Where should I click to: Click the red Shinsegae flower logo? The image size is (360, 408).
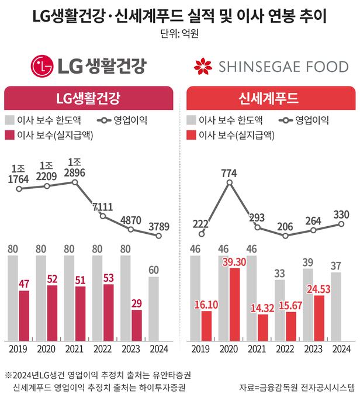[202, 66]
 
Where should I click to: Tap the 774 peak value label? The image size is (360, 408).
[229, 172]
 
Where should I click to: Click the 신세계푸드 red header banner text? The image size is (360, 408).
[271, 98]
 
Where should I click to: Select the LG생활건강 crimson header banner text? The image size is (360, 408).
[89, 98]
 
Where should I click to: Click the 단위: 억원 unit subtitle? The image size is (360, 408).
[180, 33]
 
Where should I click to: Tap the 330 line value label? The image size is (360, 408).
[341, 215]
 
